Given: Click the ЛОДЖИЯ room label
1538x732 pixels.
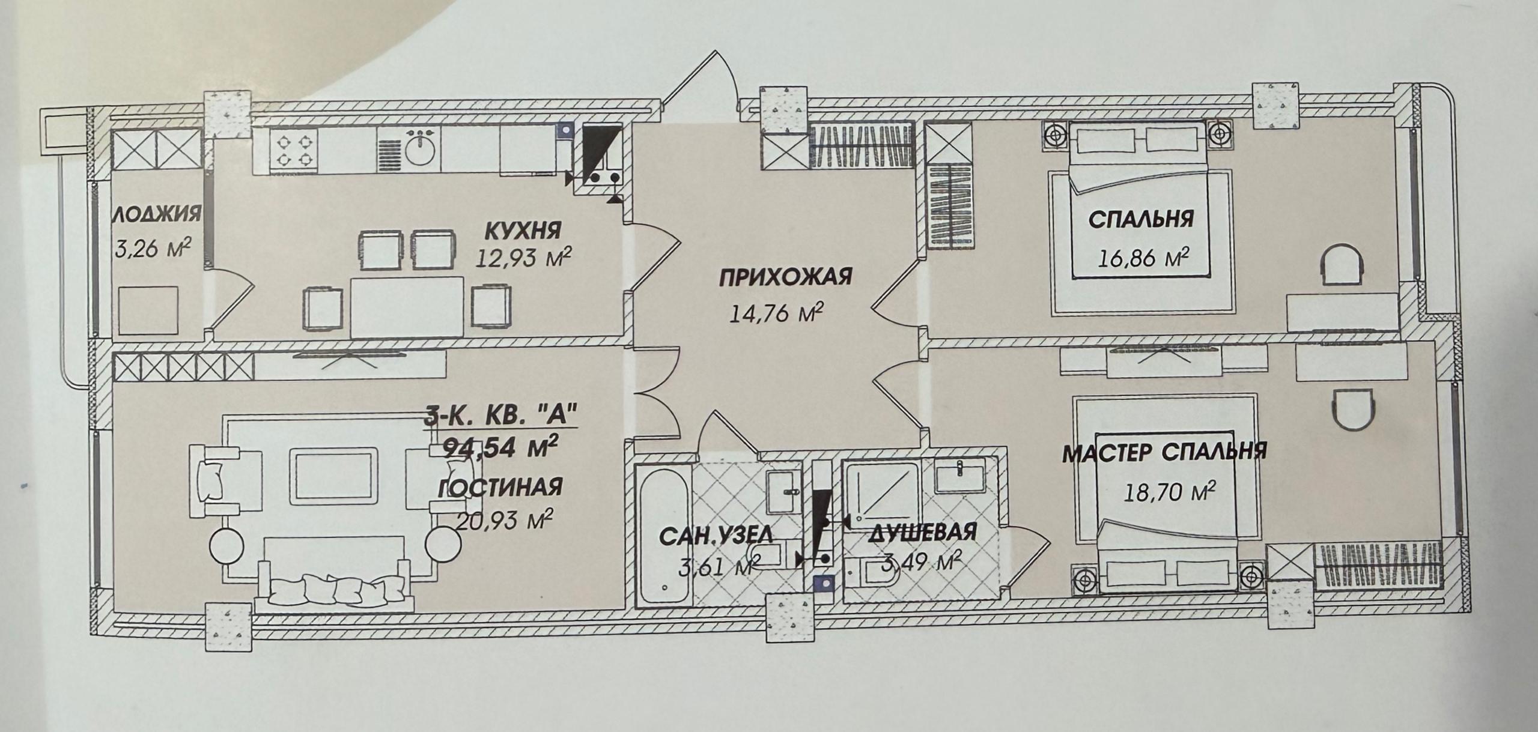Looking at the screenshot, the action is (156, 214).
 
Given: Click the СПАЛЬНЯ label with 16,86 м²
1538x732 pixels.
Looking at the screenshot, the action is (1140, 219).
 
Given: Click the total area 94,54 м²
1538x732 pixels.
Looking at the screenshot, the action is (496, 447).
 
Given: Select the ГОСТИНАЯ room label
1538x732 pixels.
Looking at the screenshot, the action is (500, 487).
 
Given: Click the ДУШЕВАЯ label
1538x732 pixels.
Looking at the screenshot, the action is (922, 531).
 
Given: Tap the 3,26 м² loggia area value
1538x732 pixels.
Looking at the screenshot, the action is (153, 247).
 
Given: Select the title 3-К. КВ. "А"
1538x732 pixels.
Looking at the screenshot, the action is (501, 416).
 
